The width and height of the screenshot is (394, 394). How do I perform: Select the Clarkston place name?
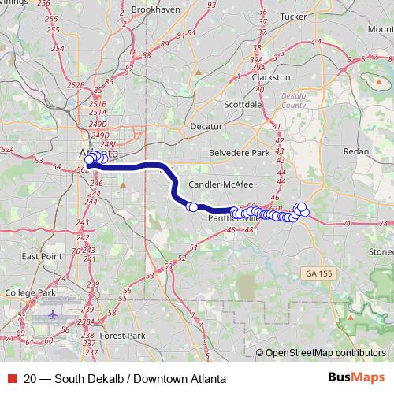270,77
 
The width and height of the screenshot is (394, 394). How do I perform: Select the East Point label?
42,257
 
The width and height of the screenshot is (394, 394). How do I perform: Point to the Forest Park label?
122,335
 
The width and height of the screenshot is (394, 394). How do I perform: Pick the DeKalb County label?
292,98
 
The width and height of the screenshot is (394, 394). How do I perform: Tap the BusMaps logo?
356,378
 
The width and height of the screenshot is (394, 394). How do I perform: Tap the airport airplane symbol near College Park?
54,314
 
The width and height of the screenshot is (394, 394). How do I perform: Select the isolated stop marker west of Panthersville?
191,207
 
